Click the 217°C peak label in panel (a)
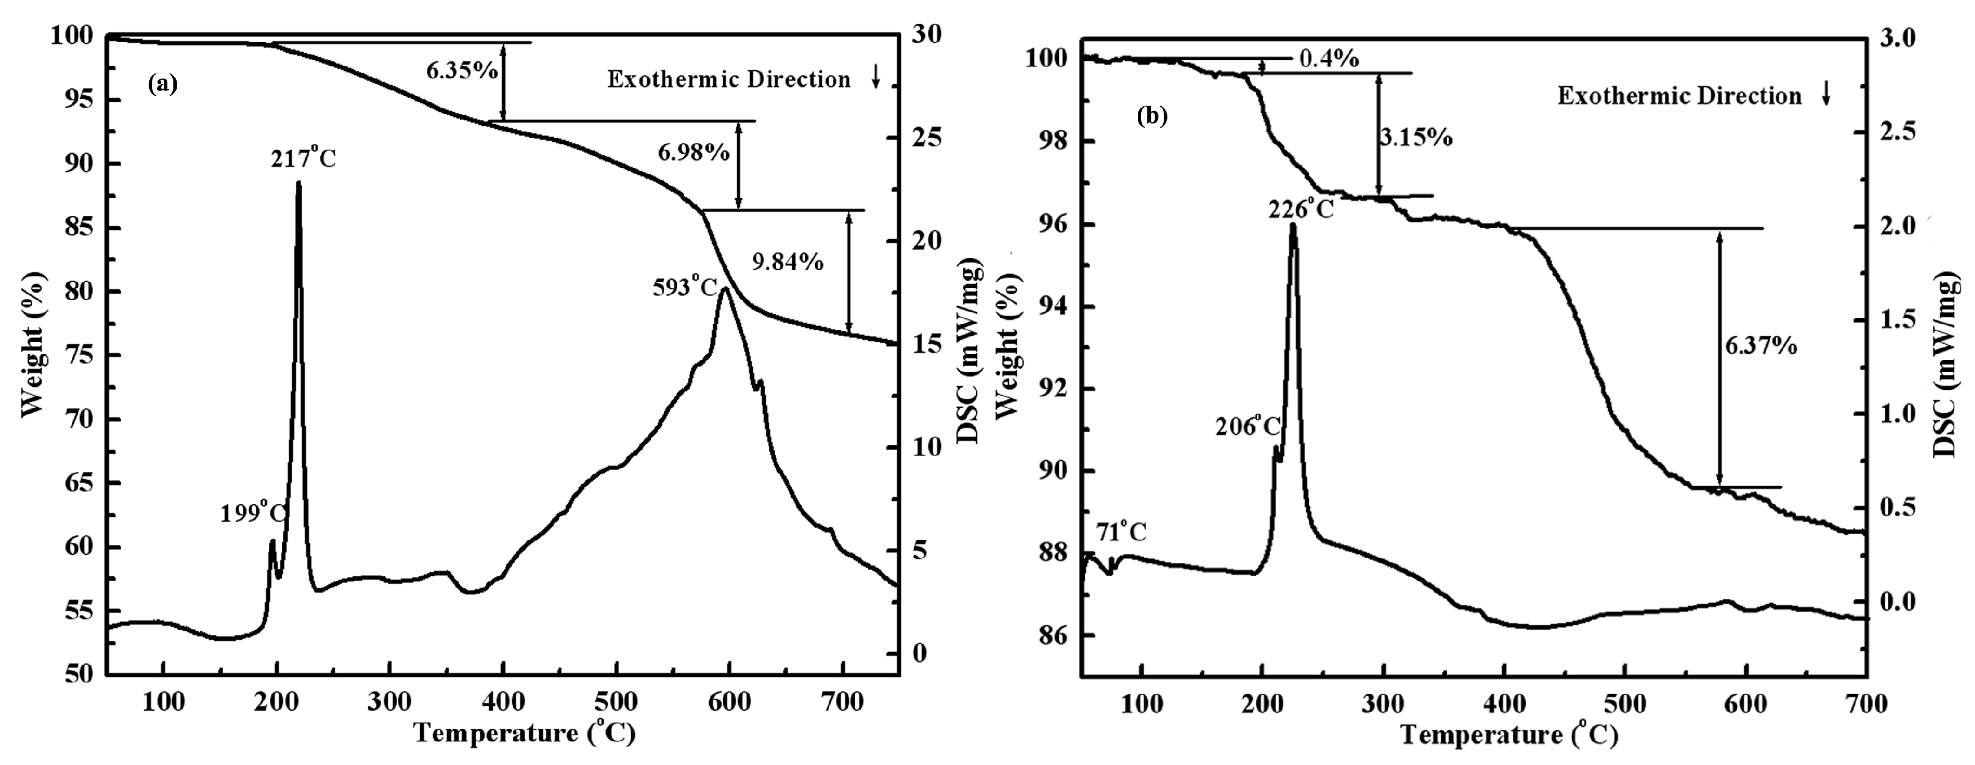coord(303,160)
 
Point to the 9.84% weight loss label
coord(787,262)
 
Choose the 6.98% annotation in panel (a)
coord(693,153)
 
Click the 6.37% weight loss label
coord(1761,346)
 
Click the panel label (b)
coord(1152,116)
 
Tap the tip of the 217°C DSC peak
coord(298,183)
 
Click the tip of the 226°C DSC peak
coord(1293,224)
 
